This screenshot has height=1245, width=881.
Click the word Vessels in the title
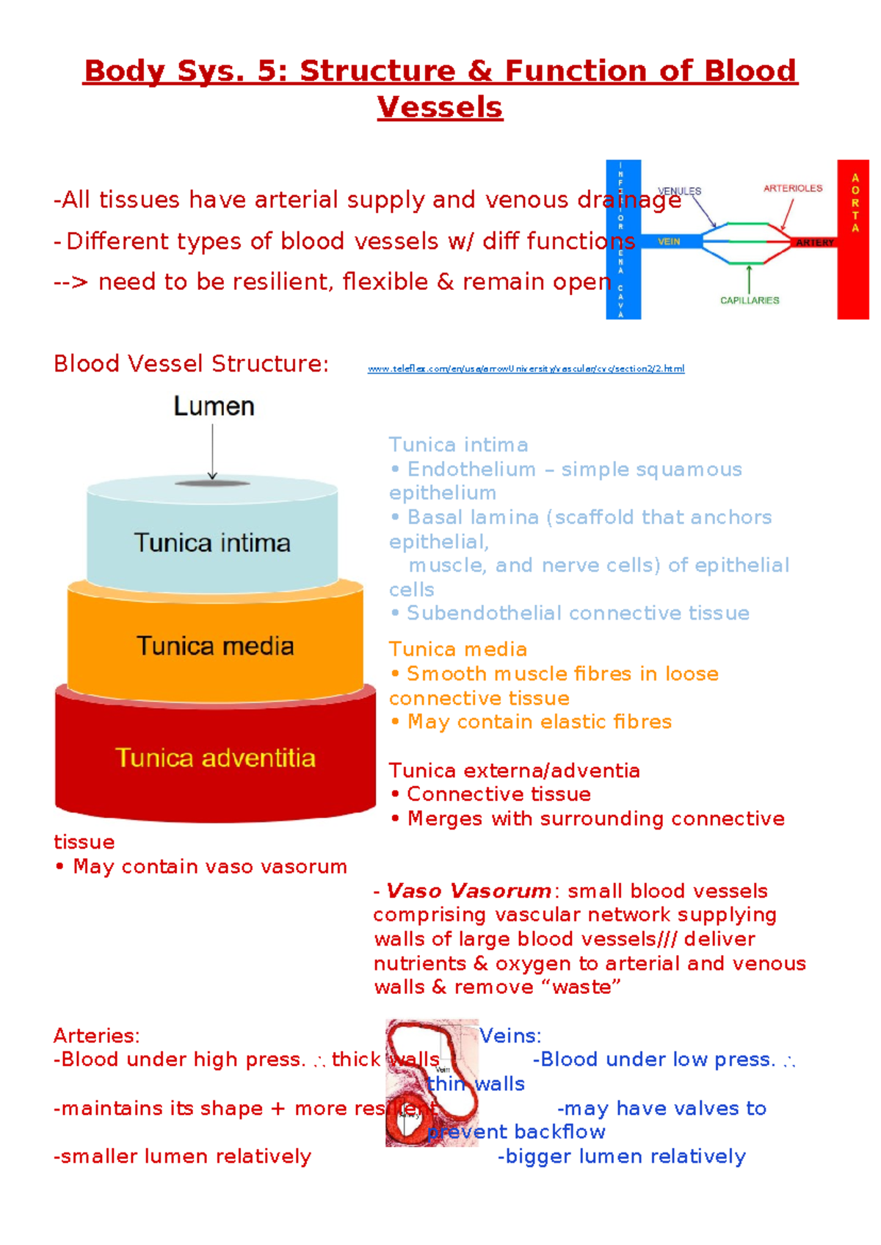[x=440, y=108]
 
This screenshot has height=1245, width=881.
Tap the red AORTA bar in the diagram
[x=853, y=239]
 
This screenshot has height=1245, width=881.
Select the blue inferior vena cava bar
[x=623, y=239]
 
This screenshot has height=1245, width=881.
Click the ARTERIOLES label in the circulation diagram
[x=793, y=189]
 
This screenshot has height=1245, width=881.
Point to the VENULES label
[x=679, y=191]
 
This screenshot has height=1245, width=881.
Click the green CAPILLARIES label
[x=750, y=300]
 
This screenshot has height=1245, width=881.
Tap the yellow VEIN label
[x=668, y=242]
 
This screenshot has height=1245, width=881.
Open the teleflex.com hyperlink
[x=526, y=369]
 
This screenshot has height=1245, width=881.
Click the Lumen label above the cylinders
[x=214, y=407]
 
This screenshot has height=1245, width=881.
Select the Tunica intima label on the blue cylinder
[x=212, y=543]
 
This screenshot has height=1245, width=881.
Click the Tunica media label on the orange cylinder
[x=215, y=646]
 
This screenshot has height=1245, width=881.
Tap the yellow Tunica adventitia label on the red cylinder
[x=215, y=758]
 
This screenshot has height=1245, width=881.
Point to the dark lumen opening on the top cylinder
[x=213, y=483]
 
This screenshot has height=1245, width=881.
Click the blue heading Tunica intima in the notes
[x=458, y=445]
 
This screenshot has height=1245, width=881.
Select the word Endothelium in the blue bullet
[x=471, y=469]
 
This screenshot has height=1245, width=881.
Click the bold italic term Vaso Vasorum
[x=468, y=891]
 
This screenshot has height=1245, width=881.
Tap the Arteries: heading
[x=96, y=1036]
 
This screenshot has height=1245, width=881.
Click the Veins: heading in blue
[x=511, y=1036]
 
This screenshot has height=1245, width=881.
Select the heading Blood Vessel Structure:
[x=191, y=363]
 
